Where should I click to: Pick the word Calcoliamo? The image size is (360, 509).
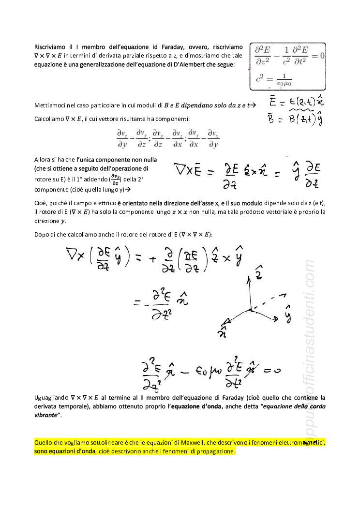point(49,119)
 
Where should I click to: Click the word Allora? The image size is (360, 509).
point(43,160)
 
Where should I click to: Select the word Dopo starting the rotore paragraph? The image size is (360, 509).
point(42,235)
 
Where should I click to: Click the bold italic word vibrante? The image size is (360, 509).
point(46,416)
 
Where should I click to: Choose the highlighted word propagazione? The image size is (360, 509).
point(214,451)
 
